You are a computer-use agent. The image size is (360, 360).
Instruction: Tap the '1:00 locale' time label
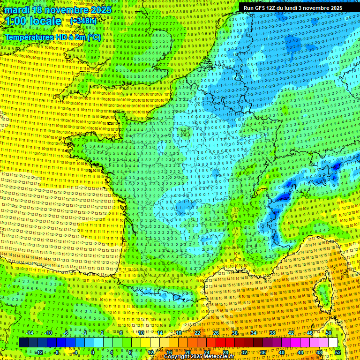click(33, 22)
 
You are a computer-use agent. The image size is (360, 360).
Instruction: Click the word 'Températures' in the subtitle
click(28, 37)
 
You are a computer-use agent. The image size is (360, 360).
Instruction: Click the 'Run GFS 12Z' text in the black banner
click(260, 8)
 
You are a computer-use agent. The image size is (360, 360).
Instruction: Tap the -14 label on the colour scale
click(29, 333)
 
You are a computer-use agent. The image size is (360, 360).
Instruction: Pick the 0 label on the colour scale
click(93, 352)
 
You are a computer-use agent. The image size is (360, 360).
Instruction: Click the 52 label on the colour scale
click(338, 352)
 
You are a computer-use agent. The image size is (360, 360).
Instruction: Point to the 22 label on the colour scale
click(197, 333)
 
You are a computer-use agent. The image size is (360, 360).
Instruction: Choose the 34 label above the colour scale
click(253, 333)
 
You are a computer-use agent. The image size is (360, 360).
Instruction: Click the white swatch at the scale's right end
click(333, 343)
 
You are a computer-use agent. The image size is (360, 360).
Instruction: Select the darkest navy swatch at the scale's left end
click(23, 343)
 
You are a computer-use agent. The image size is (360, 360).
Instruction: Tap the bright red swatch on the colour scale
click(220, 343)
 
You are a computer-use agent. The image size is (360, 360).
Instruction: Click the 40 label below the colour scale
click(281, 352)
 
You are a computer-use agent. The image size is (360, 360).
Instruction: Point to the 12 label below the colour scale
click(150, 352)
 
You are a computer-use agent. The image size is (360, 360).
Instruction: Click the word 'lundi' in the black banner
click(292, 8)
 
